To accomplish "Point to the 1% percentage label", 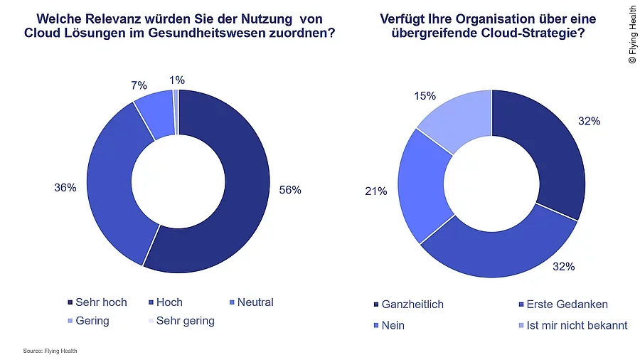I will [x=177, y=80].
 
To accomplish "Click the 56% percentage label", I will [x=290, y=190].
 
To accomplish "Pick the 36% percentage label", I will [x=65, y=189].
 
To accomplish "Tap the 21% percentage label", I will [x=375, y=191].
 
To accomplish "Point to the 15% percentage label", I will [x=425, y=96].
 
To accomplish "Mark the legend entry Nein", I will [x=393, y=325].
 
